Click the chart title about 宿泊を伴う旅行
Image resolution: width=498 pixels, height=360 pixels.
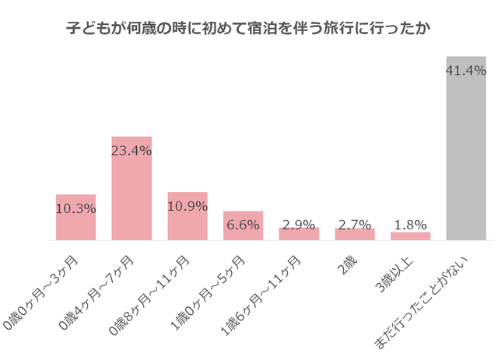pos(249,29)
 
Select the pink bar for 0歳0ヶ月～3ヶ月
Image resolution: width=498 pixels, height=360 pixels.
pos(75,225)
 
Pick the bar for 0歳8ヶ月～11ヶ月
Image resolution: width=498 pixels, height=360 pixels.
pos(188,225)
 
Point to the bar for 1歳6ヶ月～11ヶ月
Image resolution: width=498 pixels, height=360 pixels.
pos(299,234)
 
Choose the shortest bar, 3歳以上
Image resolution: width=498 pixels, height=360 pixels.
pos(411,236)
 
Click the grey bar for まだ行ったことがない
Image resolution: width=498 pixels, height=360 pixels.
pos(466,156)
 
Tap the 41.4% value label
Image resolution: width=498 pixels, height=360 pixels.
pos(466,72)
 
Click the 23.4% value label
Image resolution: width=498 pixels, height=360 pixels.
pos(132,151)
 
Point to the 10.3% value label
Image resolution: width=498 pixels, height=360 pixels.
pos(75,208)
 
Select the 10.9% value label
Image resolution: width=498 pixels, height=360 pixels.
pos(188,206)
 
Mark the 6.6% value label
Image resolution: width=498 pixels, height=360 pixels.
pos(244,225)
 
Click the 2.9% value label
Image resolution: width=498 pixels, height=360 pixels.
pos(299,225)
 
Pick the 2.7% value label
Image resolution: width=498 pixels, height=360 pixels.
pos(355,225)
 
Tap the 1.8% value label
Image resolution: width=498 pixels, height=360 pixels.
pos(411,225)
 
